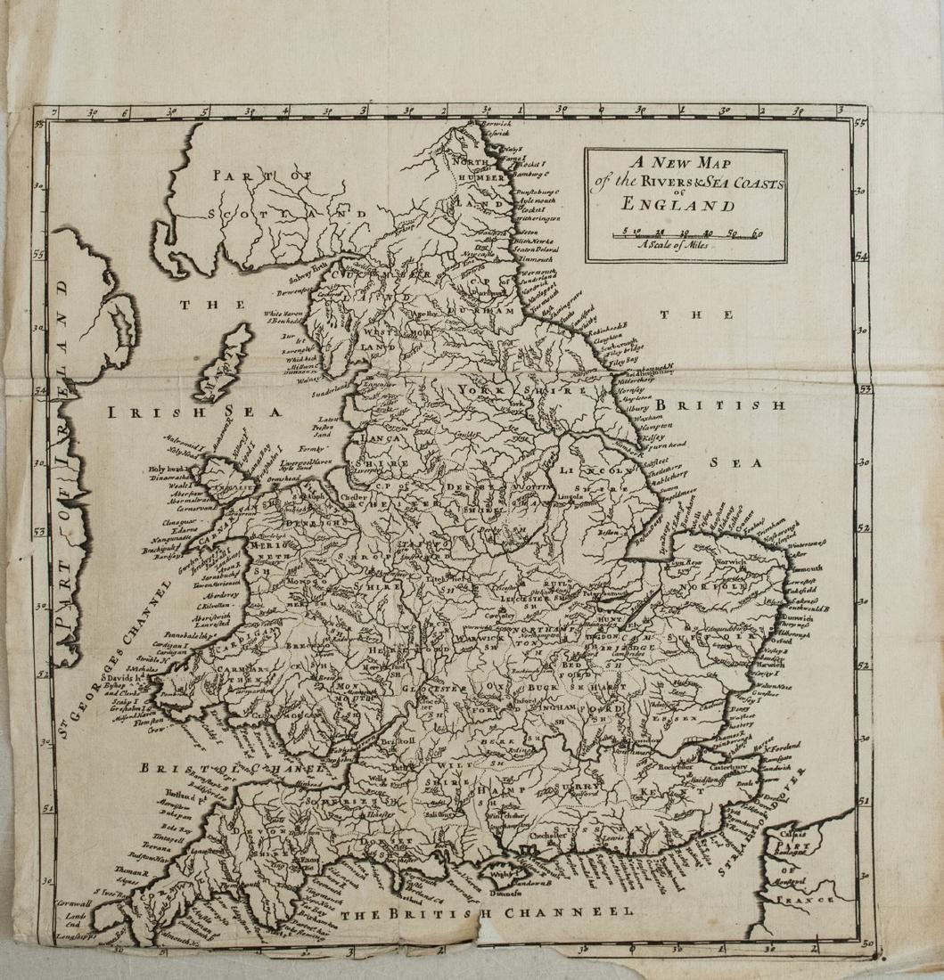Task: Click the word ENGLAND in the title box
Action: (685, 205)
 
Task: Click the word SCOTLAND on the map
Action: (287, 214)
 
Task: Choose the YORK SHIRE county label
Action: (521, 390)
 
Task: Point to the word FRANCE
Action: (803, 900)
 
